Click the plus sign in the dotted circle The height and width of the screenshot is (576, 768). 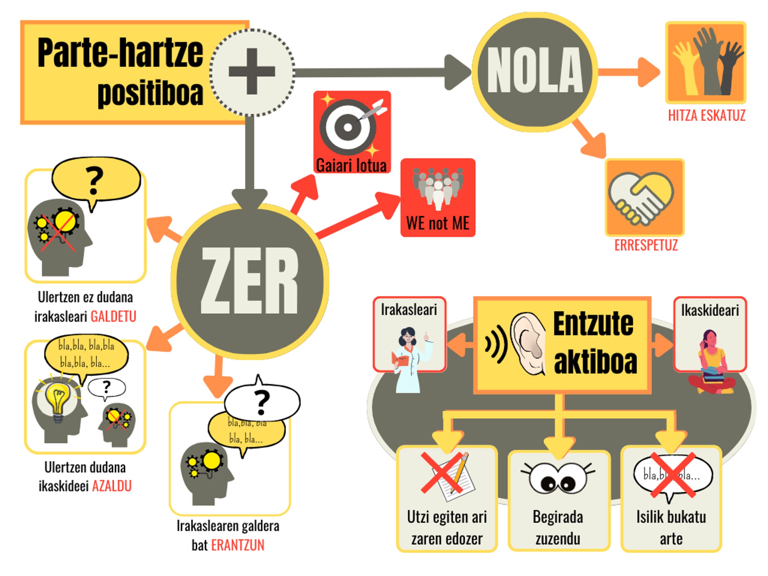point(252,72)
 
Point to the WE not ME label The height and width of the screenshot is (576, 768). point(437,223)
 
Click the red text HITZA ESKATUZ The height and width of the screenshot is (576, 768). point(707,116)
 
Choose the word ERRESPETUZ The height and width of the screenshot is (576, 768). point(646,245)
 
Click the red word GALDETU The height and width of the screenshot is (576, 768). point(113,317)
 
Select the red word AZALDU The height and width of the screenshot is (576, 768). point(112,486)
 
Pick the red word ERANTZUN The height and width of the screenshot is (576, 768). point(237,545)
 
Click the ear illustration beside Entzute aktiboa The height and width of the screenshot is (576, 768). point(528,344)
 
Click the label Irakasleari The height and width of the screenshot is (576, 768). point(409,310)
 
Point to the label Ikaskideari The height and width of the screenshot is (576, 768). point(710,310)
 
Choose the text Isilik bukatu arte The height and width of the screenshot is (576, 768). point(671,528)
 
